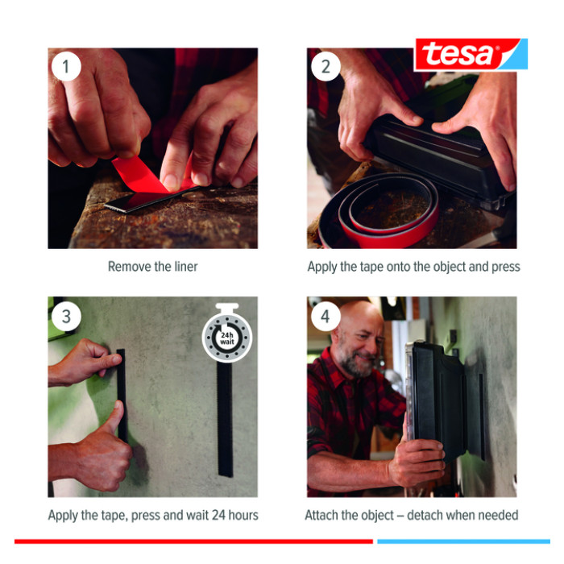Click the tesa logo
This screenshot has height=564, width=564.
471,54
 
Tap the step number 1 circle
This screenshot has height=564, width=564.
66,67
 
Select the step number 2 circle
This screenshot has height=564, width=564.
326,67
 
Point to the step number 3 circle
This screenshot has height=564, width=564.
66,316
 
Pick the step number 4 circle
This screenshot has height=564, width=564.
326,316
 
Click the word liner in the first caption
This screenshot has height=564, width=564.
186,267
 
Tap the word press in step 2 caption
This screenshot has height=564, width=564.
506,267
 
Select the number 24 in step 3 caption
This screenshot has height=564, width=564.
218,515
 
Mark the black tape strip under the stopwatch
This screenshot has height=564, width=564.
225,419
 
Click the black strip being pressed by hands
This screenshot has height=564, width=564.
122,396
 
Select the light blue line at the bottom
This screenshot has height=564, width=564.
463,541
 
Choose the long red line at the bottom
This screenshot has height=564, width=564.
193,541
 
